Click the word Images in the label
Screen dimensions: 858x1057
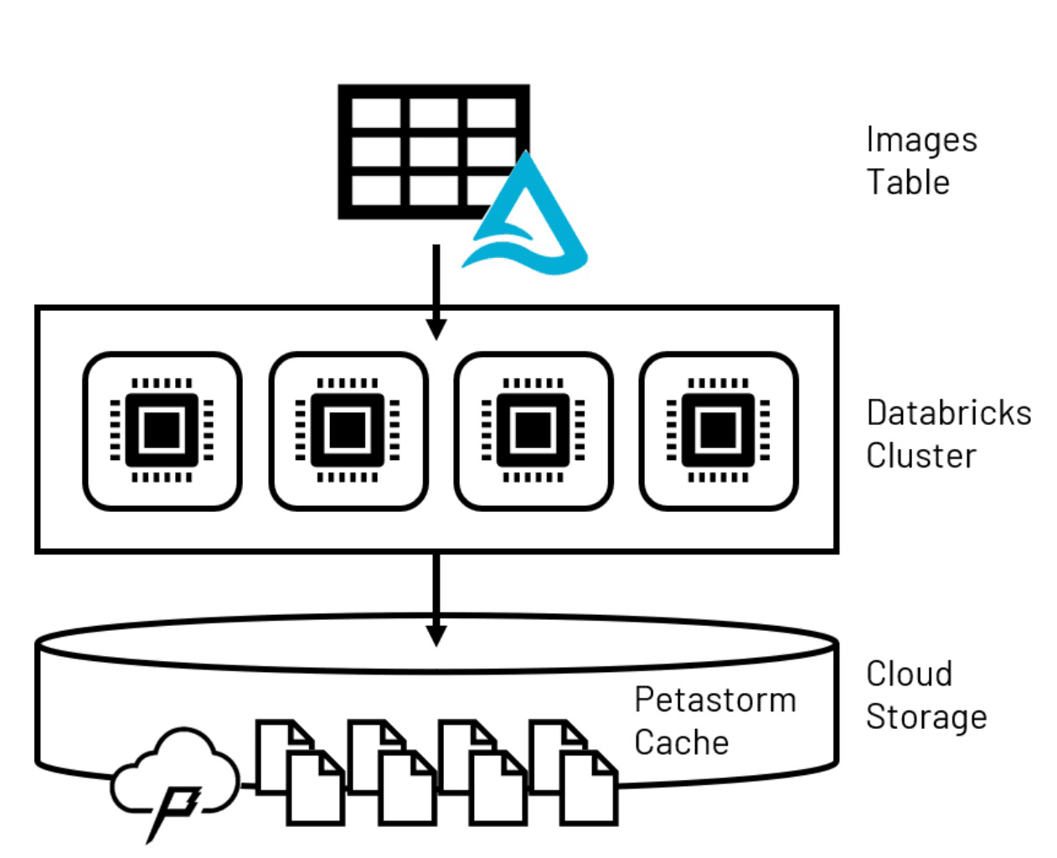coord(921,140)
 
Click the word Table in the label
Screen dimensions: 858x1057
coord(908,183)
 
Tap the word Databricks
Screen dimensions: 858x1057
coord(948,413)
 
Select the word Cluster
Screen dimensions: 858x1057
coord(920,456)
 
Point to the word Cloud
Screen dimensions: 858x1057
coord(909,674)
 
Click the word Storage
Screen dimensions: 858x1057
coord(926,717)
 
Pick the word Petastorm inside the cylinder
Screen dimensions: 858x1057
coord(714,700)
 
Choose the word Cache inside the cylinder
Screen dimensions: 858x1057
coord(681,742)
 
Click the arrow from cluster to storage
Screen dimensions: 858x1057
coord(436,599)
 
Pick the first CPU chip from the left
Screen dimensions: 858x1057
coord(162,431)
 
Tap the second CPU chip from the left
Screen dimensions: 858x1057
coord(348,431)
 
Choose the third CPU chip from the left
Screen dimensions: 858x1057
coord(534,431)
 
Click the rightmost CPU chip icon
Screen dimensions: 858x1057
coord(719,431)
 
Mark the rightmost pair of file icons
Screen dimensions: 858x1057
coord(573,771)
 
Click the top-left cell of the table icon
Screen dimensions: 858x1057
coord(376,114)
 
